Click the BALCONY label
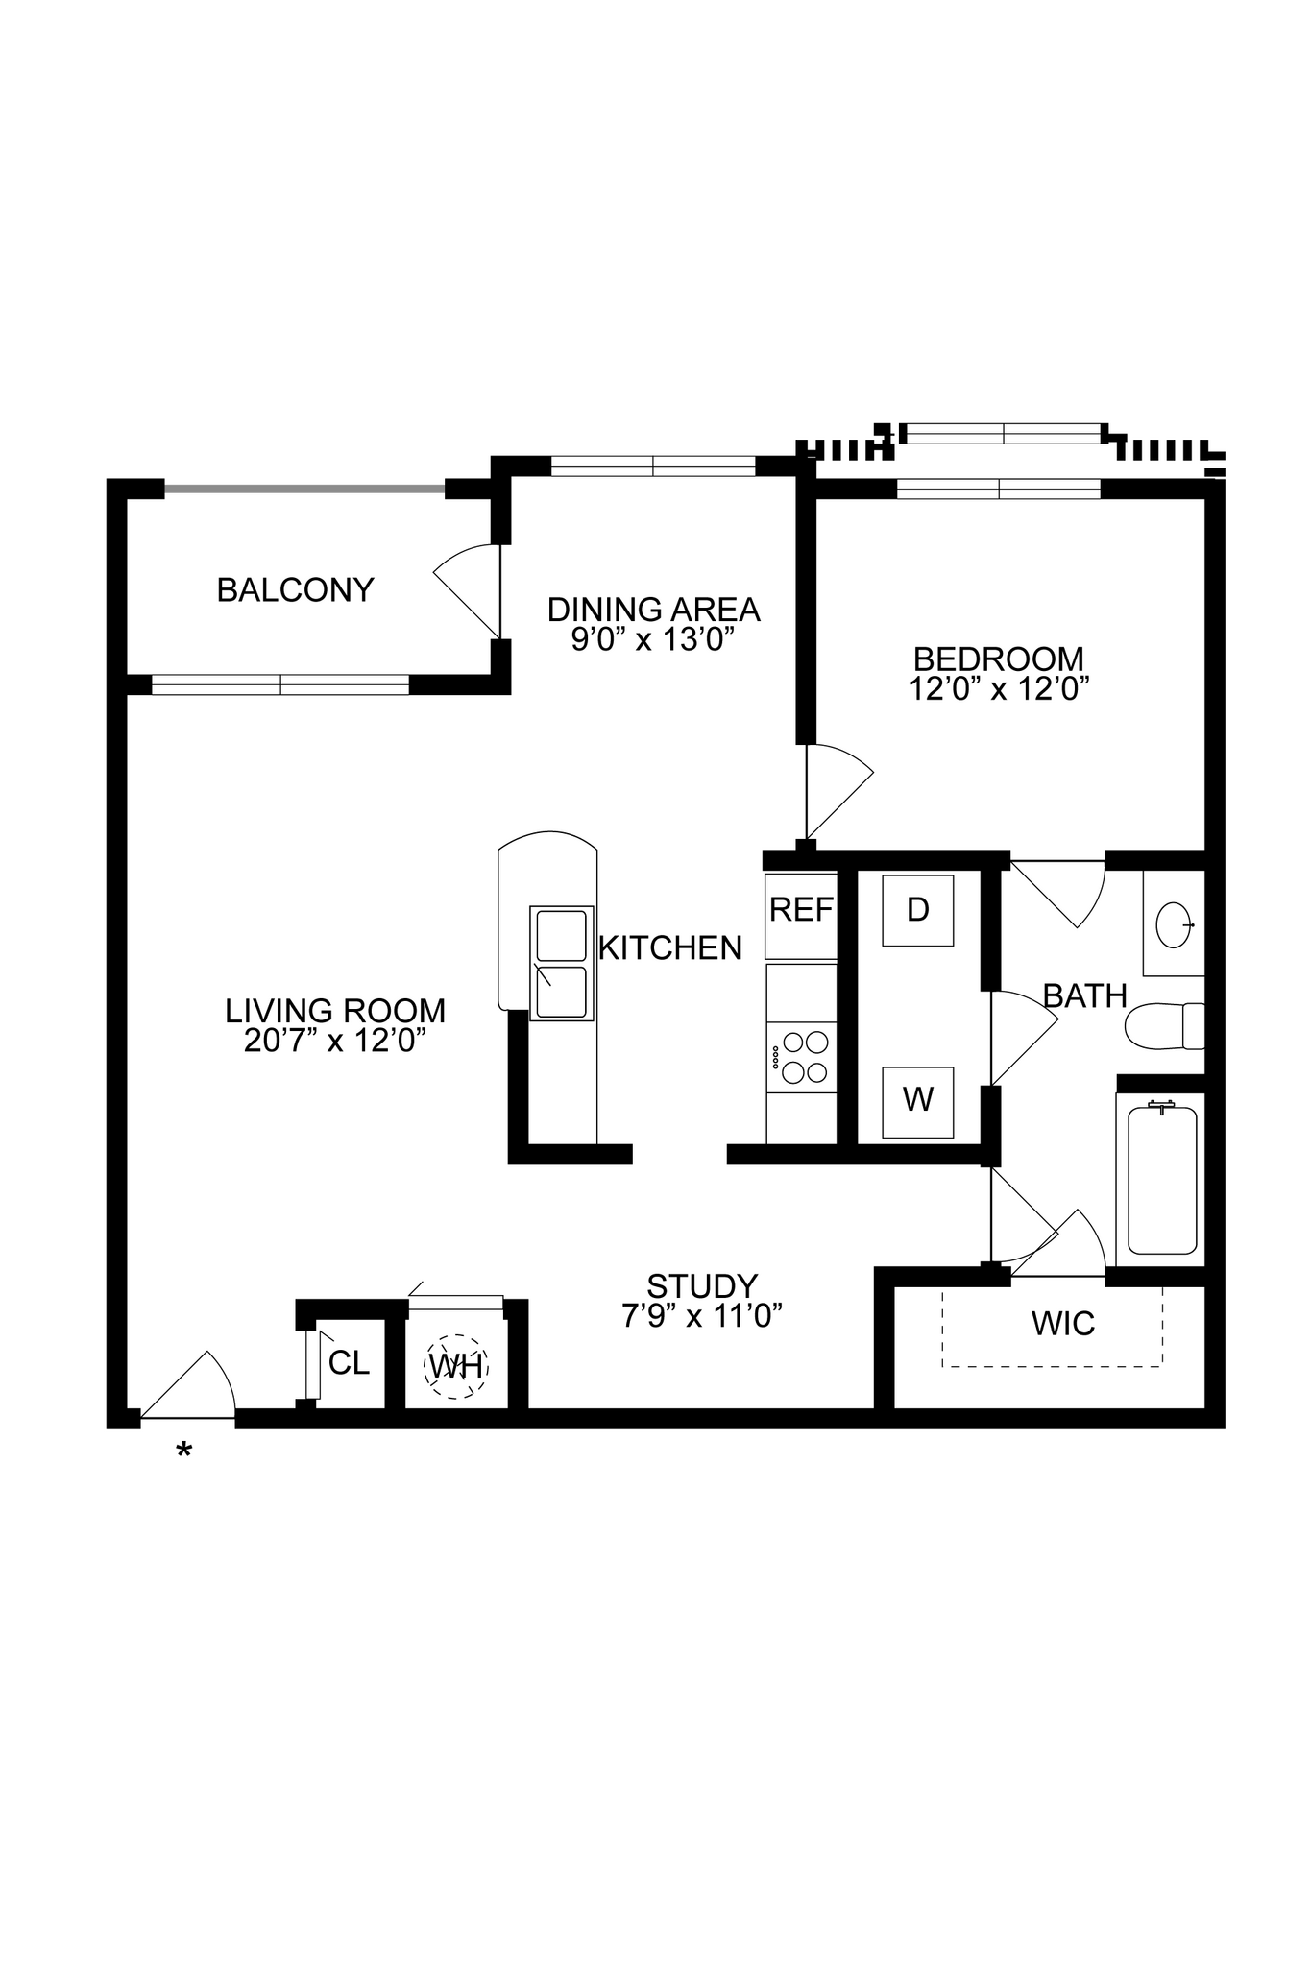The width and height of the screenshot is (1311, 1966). pyautogui.click(x=295, y=589)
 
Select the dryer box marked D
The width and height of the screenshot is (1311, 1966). pyautogui.click(x=918, y=910)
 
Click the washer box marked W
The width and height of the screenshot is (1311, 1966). pyautogui.click(x=918, y=1101)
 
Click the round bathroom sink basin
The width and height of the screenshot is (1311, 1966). pyautogui.click(x=1175, y=925)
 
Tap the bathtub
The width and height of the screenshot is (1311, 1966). pyautogui.click(x=1162, y=1181)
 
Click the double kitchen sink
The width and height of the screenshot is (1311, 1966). pyautogui.click(x=561, y=963)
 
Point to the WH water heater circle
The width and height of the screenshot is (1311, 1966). pyautogui.click(x=456, y=1365)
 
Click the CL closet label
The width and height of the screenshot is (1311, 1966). pyautogui.click(x=349, y=1363)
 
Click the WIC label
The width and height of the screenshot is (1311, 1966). pyautogui.click(x=1062, y=1324)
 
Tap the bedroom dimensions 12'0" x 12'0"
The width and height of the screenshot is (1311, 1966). pyautogui.click(x=999, y=689)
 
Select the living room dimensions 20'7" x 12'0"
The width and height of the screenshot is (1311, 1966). pyautogui.click(x=335, y=1042)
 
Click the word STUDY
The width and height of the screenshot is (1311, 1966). pyautogui.click(x=702, y=1286)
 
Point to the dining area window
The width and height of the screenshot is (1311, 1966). pyautogui.click(x=653, y=467)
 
